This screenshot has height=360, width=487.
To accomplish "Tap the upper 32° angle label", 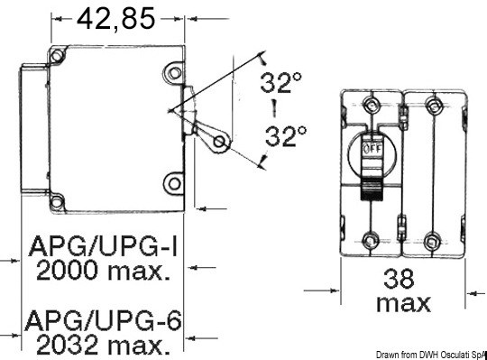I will coord(281,83).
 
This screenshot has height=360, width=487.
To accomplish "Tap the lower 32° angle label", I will coord(285,136).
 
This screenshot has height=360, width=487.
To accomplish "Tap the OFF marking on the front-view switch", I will coord(370,146).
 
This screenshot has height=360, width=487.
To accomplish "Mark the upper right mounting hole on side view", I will coord(172,73).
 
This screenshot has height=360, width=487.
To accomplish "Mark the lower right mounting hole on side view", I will coord(172,184).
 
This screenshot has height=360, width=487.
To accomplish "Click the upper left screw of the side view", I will coord(57,56).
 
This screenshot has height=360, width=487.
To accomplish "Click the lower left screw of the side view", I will coord(57,200).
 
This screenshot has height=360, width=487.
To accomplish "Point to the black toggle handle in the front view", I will coord(371,186).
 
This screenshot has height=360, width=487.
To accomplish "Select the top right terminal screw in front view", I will coord(434,107).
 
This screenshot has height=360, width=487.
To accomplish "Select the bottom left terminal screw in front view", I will coord(371,241).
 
